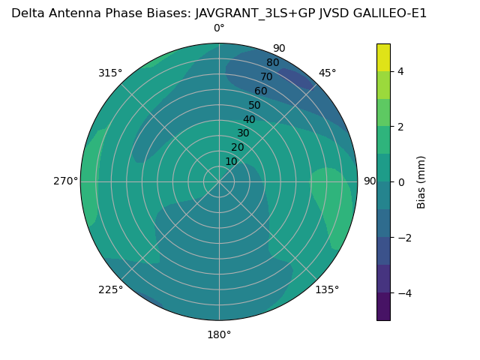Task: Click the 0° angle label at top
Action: (219, 28)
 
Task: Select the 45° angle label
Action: (328, 73)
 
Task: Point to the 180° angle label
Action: (219, 334)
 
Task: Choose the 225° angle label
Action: (110, 289)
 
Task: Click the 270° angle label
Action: (66, 181)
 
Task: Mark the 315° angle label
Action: (110, 73)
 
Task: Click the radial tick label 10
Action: (231, 161)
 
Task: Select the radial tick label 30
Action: (243, 133)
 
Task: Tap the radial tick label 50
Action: (254, 105)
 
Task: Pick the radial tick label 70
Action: (266, 76)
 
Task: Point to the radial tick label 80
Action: (272, 63)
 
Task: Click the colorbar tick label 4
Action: (400, 71)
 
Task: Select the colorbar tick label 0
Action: (400, 182)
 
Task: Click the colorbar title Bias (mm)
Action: (421, 182)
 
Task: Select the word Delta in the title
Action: (27, 13)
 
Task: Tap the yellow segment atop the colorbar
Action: (383, 57)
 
